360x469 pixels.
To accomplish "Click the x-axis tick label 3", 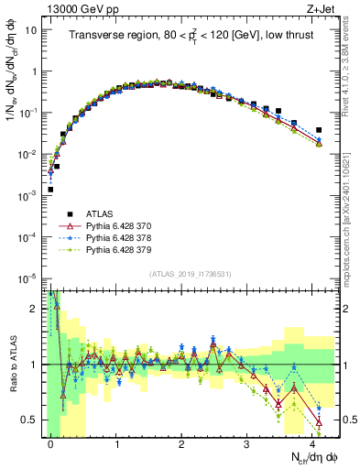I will pos(247,443).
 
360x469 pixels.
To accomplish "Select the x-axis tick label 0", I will pos(51,443).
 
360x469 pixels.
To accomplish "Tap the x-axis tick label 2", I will pos(182,443).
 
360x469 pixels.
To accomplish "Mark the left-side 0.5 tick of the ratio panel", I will pos(29,420).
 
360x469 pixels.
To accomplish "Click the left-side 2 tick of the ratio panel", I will pos(34,308).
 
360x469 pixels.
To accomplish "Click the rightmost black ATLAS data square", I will pos(319,130).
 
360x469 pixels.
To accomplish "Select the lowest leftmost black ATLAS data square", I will pos(50,190).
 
